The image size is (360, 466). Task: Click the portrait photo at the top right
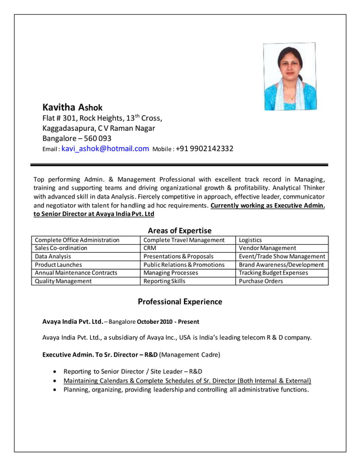point(289,76)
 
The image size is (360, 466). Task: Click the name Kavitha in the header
point(59,107)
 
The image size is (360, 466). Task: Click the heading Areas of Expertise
point(179,230)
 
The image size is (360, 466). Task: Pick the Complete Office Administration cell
point(77,240)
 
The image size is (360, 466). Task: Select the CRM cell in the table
point(150,248)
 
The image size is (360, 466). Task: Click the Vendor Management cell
point(267,248)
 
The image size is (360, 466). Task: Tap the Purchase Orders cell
point(261,281)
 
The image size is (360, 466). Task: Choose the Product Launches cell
point(59,265)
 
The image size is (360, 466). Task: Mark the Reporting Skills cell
point(164,281)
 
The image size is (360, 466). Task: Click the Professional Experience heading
point(180,302)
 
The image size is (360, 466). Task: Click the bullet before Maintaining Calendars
point(54,381)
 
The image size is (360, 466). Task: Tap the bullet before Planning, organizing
point(54,390)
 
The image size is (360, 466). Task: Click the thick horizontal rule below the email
point(179,165)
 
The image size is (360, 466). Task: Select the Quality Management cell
point(63,281)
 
